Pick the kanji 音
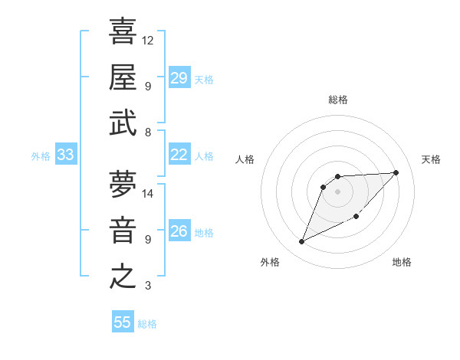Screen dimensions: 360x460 [123, 230]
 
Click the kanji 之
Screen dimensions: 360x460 [123, 276]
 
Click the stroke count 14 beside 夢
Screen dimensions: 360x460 [148, 193]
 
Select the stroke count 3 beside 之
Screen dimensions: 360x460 [148, 286]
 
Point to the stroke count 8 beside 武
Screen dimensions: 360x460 [148, 133]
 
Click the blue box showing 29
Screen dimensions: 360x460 [179, 78]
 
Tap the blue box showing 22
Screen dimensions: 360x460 [179, 155]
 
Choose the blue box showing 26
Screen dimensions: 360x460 [179, 231]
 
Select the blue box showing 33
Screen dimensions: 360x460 [65, 155]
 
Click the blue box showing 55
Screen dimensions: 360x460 [123, 322]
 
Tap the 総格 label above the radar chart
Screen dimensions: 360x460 [338, 100]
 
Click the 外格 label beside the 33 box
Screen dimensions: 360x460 [41, 156]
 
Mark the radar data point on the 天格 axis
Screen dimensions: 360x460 [396, 172]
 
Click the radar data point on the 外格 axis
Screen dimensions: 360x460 [301, 242]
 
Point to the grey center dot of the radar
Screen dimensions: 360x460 [338, 191]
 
